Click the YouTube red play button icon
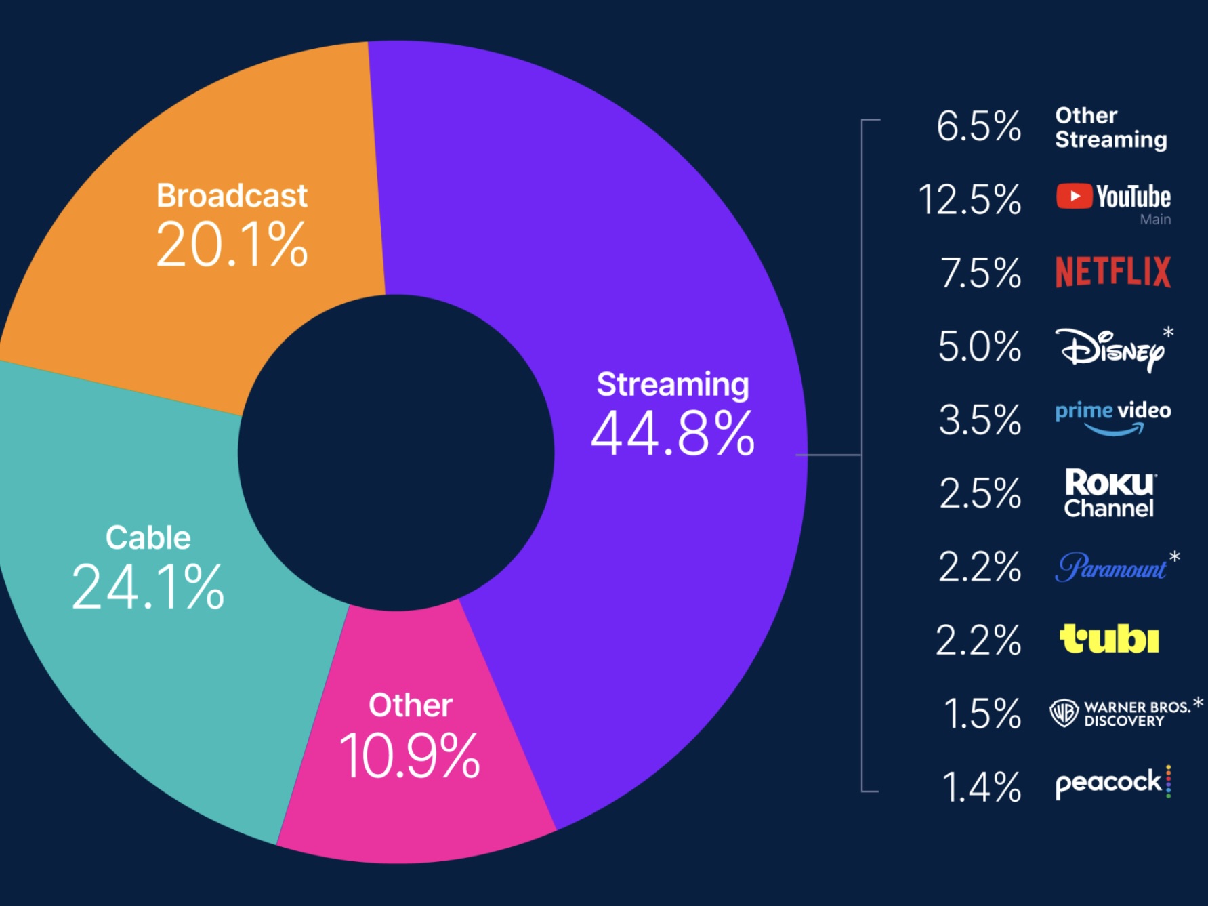point(1074,197)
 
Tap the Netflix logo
point(1112,272)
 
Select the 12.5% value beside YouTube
point(970,200)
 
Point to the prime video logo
point(1112,417)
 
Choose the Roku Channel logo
point(1109,493)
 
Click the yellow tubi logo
point(1109,639)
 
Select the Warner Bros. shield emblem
point(1064,713)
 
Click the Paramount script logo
point(1110,567)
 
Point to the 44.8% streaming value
point(672,434)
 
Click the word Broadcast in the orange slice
point(232,196)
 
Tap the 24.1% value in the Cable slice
point(148,587)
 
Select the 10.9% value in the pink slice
point(409,756)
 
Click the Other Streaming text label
point(1110,127)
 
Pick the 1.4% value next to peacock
point(981,787)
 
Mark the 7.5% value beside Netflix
point(980,273)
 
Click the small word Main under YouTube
point(1155,220)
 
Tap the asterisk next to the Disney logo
point(1168,332)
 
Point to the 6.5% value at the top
point(978,127)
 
